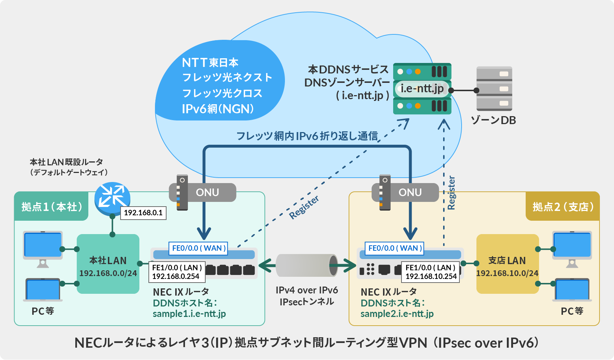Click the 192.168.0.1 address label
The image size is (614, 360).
coord(143,213)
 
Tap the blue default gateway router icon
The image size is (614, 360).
coord(112,199)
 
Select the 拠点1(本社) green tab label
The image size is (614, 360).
coord(51,207)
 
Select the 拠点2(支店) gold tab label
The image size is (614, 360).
coord(563,207)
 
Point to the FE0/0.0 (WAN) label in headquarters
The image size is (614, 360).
coord(198,248)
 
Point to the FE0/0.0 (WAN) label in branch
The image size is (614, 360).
coord(395,248)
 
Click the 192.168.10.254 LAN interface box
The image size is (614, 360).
coord(430,272)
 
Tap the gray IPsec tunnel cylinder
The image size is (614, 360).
coord(306,266)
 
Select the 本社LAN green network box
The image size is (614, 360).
coord(108,264)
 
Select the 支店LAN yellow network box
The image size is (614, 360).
coord(507,264)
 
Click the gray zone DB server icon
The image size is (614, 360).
coord(494,89)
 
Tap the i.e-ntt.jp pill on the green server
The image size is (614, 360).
coord(422,89)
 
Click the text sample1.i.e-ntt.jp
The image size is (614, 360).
coord(189,314)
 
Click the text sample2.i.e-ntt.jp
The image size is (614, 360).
coord(397,314)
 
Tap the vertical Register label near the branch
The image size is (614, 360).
coord(451,193)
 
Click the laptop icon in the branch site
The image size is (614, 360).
coord(572,289)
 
